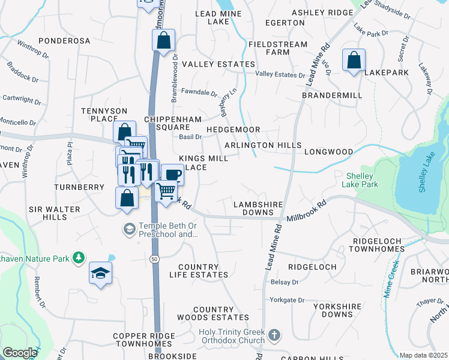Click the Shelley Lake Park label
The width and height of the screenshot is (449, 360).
(363, 180)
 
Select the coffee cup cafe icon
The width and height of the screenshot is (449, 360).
(172, 175)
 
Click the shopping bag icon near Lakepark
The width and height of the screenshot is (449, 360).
(354, 60)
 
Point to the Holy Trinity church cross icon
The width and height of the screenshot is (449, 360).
(274, 334)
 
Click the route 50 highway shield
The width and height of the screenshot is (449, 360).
(155, 258)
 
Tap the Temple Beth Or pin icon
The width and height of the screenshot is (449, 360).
(129, 229)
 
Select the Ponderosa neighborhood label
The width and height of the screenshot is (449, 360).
(64, 41)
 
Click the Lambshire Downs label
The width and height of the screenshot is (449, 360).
(258, 208)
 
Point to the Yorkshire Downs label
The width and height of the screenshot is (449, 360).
(341, 310)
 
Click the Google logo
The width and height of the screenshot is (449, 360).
(20, 353)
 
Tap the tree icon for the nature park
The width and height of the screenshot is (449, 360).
(78, 258)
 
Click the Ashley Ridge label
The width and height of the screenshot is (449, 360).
(322, 13)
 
